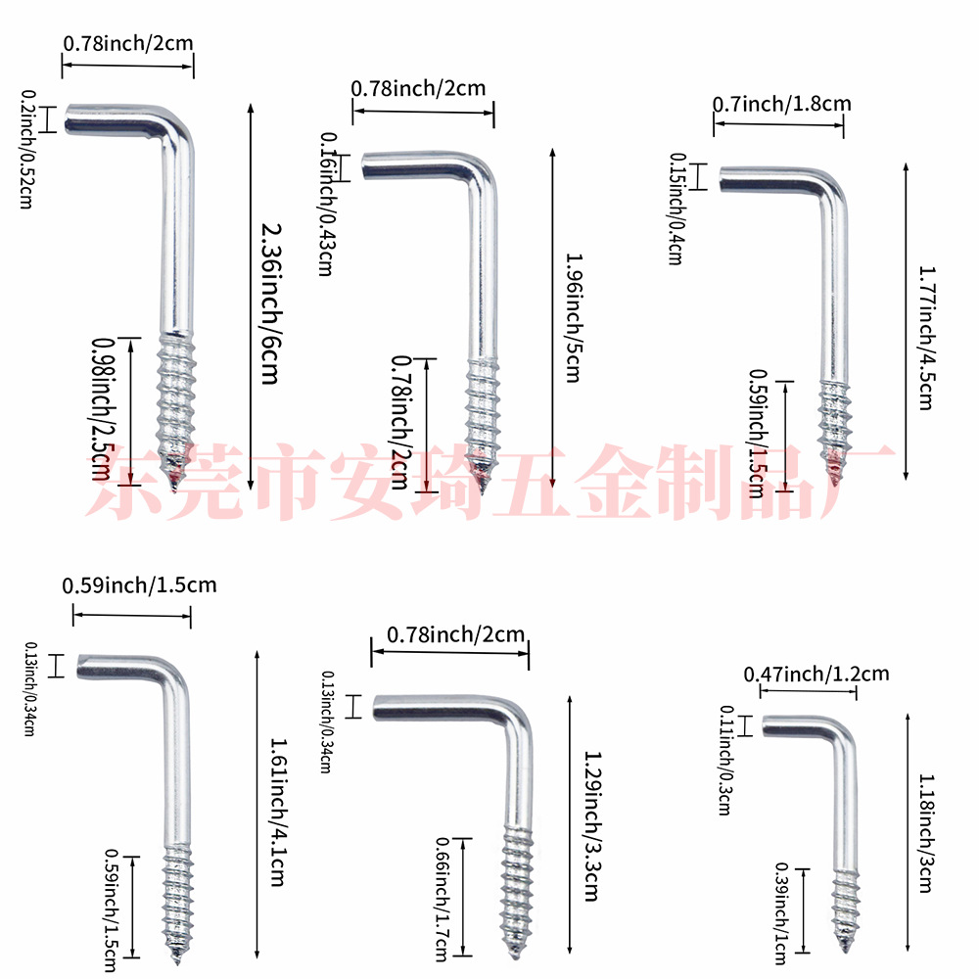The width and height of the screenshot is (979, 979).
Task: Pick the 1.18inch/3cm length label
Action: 924,832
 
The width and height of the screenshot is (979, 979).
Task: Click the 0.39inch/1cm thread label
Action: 781,911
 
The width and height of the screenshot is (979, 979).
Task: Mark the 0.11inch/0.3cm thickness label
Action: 725,760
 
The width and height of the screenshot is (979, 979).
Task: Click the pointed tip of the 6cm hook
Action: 174,487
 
